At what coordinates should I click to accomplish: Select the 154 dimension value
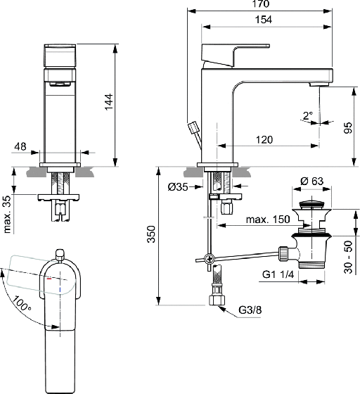[x=264, y=20]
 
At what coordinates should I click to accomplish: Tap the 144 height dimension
[x=109, y=102]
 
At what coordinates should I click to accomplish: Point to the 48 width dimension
[x=20, y=146]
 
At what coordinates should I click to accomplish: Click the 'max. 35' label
[x=8, y=214]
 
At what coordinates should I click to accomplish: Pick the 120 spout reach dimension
[x=264, y=140]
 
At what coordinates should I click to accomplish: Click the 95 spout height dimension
[x=348, y=128]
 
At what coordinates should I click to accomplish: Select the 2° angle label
[x=308, y=116]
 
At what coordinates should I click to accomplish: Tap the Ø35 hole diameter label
[x=178, y=186]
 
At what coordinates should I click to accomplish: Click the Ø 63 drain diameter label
[x=311, y=181]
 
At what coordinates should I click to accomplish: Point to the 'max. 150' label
[x=268, y=220]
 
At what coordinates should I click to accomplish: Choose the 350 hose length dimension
[x=151, y=234]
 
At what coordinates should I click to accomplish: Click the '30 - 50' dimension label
[x=348, y=257]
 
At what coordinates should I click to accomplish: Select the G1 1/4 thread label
[x=278, y=274]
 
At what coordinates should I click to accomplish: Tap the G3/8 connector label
[x=250, y=310]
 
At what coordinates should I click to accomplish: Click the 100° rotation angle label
[x=22, y=303]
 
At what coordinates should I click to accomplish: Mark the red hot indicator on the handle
[x=49, y=279]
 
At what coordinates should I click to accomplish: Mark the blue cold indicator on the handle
[x=60, y=290]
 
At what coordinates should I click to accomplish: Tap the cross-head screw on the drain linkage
[x=209, y=258]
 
